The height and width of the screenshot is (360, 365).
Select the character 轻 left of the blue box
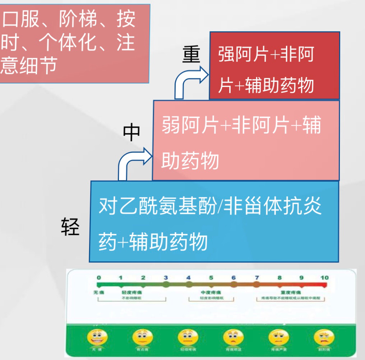coord(70,226)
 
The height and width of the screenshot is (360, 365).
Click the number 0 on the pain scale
coord(98,278)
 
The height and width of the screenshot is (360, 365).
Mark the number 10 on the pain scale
coord(324,278)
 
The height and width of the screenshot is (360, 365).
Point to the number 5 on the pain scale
coord(211,278)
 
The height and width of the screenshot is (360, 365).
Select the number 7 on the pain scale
coord(256,278)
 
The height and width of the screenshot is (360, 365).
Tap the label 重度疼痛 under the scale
coord(292,293)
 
